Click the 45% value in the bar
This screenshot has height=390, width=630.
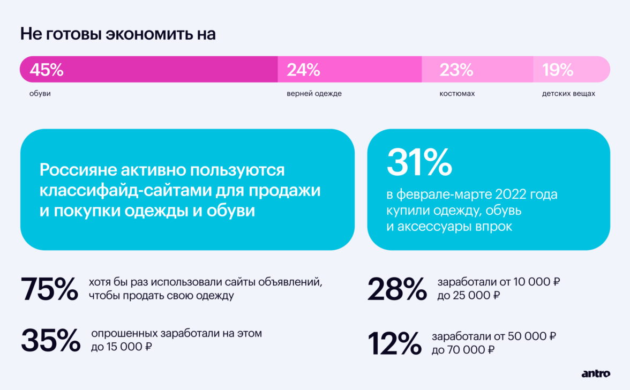pos(47,70)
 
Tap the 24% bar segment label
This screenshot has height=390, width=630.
pos(303,70)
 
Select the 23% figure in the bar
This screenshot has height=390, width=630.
pos(456,70)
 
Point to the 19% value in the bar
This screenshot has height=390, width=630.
pos(558,70)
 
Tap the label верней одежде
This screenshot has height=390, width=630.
pos(314,94)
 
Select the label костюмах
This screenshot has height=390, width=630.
pos(457,94)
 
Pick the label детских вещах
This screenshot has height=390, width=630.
pos(568,94)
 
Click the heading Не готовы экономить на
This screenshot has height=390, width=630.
pos(118,34)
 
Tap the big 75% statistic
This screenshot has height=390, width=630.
pos(49,289)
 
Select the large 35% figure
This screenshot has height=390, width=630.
pos(50,340)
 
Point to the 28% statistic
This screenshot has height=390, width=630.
pos(397,289)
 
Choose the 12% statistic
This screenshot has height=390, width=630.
pos(394,343)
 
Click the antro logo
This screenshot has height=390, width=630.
pos(595,373)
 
